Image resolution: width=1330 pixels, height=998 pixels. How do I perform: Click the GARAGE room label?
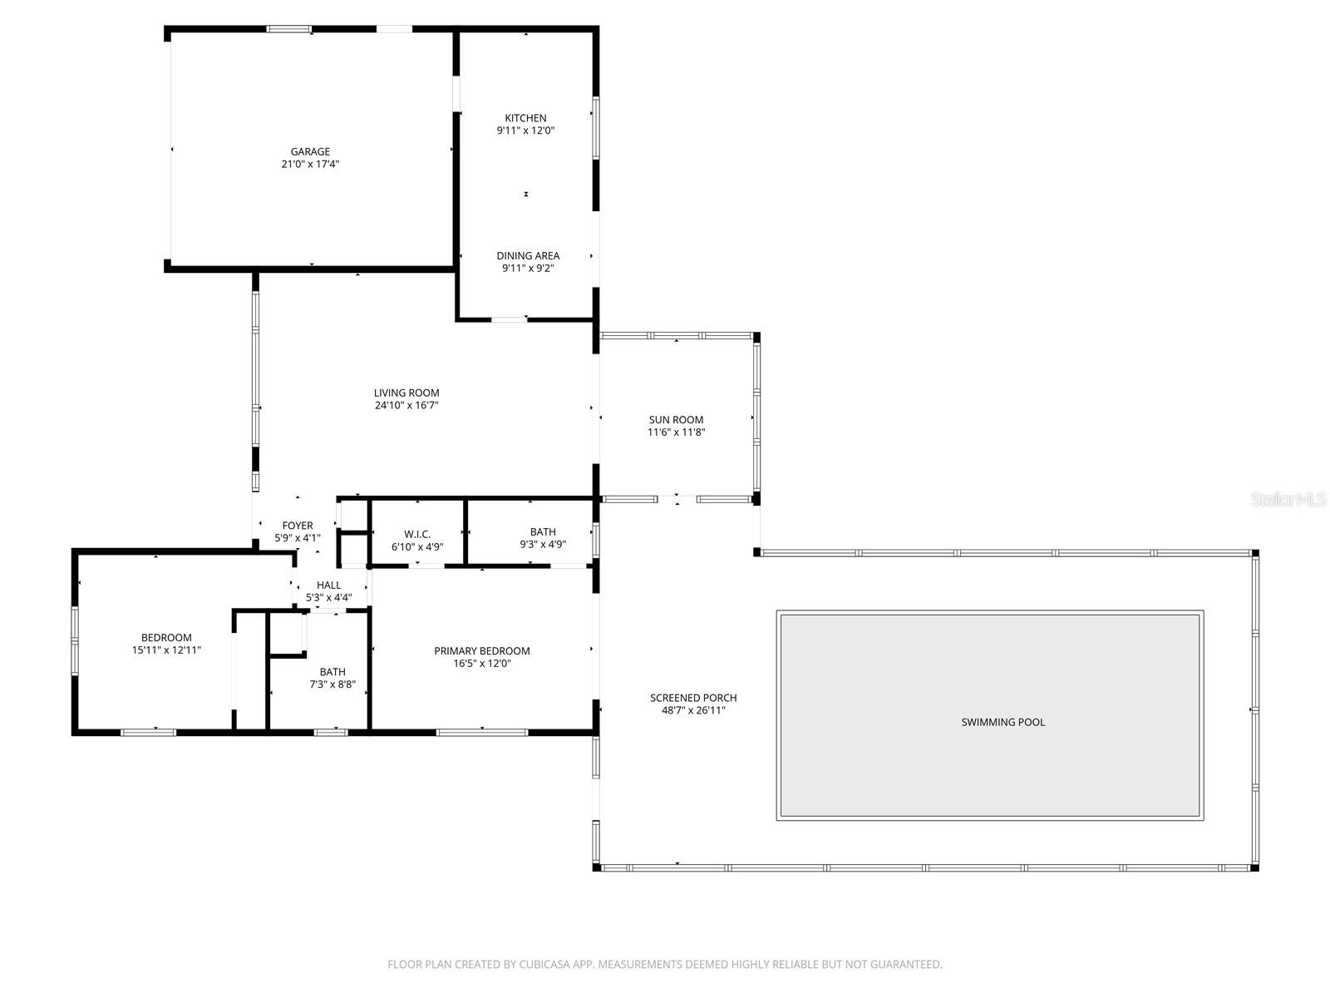(x=310, y=151)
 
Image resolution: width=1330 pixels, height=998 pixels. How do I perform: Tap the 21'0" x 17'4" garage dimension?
(x=310, y=164)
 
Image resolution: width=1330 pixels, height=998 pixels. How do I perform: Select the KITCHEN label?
(x=525, y=118)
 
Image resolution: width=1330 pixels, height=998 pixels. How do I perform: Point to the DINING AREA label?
(x=528, y=255)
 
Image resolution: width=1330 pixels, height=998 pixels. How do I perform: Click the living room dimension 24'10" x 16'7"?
(x=406, y=405)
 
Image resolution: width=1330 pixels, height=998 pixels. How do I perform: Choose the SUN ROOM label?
(x=676, y=420)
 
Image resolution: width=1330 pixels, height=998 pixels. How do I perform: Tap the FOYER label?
(x=298, y=526)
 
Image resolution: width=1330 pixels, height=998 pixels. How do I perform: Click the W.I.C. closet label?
(x=417, y=534)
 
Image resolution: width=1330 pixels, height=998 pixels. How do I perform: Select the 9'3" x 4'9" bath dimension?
(x=543, y=545)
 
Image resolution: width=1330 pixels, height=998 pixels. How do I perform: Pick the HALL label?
(x=328, y=585)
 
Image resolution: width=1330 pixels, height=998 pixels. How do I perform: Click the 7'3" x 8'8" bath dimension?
(x=332, y=684)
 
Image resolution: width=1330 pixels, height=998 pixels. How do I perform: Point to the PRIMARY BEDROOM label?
(x=481, y=650)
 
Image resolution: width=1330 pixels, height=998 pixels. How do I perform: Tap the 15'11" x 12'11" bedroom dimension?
(x=166, y=650)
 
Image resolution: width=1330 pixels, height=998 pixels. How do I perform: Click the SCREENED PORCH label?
(x=693, y=698)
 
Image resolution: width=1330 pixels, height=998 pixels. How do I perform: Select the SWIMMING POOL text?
(x=1002, y=722)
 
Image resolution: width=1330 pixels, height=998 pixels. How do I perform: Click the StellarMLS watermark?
(x=1288, y=500)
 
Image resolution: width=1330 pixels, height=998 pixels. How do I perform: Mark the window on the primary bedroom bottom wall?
(x=481, y=732)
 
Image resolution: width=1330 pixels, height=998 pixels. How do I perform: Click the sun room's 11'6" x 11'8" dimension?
(x=676, y=432)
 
